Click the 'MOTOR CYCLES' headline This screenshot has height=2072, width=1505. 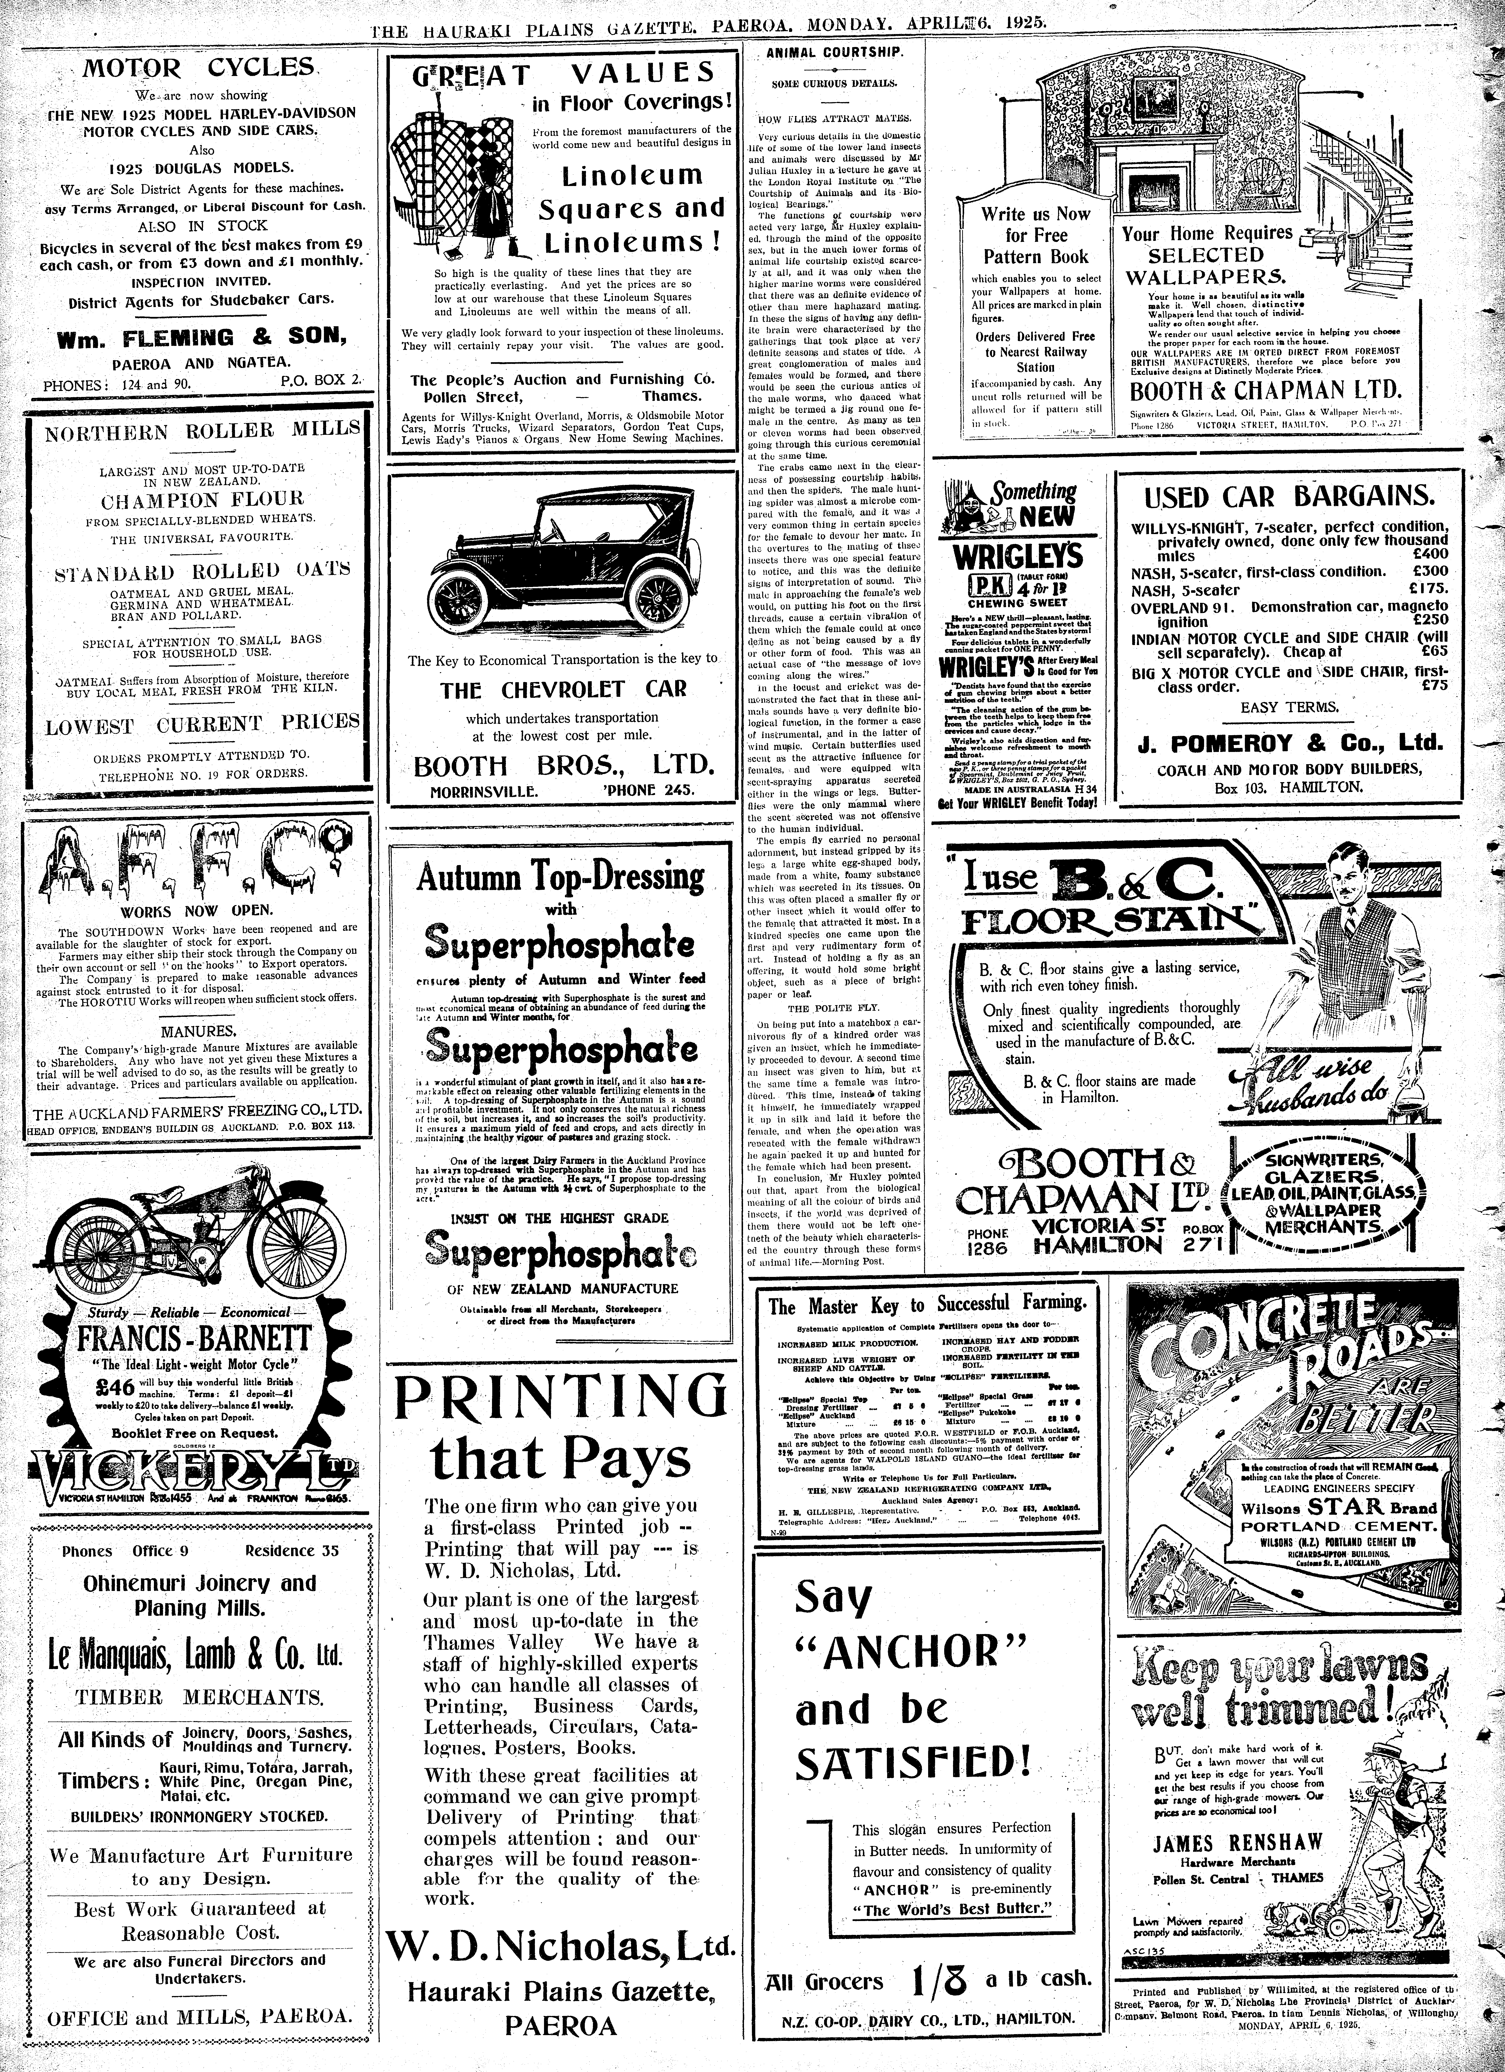(199, 69)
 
